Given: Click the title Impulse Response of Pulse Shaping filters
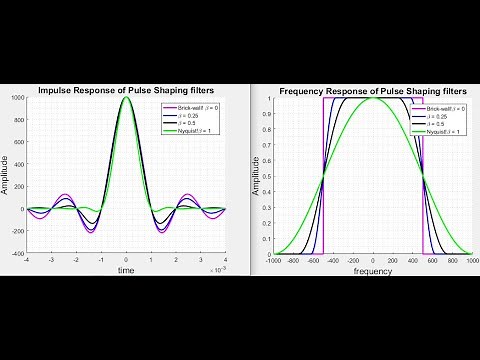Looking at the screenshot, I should tap(126, 90).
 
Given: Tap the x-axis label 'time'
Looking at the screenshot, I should tap(126, 270).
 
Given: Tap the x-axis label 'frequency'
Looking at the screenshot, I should tap(372, 270).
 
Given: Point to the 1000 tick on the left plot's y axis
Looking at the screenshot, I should tap(17, 98).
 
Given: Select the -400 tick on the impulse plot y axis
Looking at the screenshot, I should tap(17, 255).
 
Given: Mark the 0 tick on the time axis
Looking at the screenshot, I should tap(126, 261).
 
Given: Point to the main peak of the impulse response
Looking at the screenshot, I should tap(126, 98).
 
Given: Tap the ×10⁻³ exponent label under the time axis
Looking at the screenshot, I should tap(216, 268).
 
